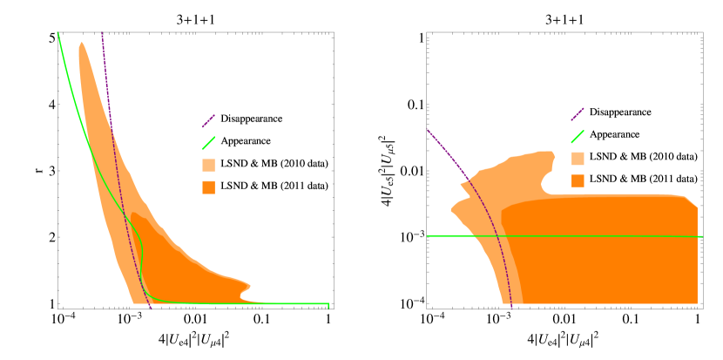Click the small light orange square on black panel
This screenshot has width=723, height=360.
click(x=578, y=159)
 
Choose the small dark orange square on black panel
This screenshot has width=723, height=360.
click(x=578, y=180)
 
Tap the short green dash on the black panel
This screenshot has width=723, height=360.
click(x=577, y=136)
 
